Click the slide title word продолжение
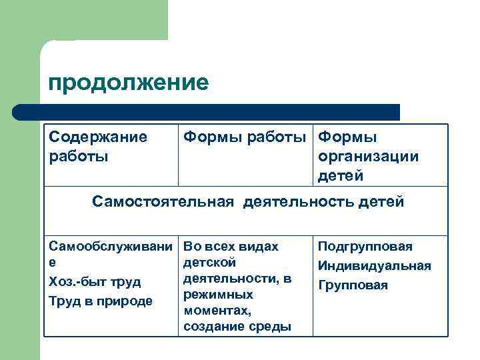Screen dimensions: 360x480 point(128,83)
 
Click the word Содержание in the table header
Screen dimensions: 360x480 point(98,137)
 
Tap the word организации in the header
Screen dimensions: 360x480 point(369,157)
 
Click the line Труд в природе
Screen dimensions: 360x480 point(101,301)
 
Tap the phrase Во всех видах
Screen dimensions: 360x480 point(230,247)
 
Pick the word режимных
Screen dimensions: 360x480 point(218,295)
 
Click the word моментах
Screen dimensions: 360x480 point(217,311)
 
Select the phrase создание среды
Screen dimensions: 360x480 point(237,327)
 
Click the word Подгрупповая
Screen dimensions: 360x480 point(365,247)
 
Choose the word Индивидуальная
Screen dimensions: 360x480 point(374,266)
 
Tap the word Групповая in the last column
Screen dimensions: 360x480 point(353,285)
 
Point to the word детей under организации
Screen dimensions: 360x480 point(341,175)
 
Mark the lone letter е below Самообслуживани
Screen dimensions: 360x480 point(53,263)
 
